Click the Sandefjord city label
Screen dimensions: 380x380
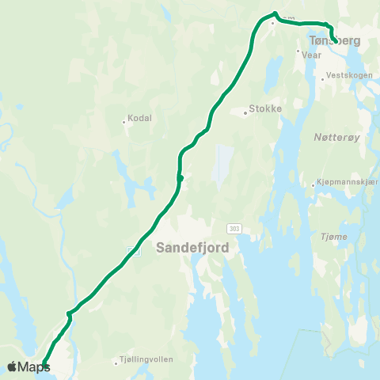pos(193,247)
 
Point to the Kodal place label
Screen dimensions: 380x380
pos(139,119)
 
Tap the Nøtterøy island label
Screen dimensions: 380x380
pos(337,137)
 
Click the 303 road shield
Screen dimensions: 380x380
pos(234,228)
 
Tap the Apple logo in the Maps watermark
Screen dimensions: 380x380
pos(12,367)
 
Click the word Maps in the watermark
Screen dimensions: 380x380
pos(34,367)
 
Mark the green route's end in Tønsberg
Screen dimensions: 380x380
pos(336,40)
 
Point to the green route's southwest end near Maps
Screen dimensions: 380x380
pos(44,364)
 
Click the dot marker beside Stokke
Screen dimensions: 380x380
pos(245,112)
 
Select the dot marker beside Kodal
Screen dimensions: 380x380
pos(124,121)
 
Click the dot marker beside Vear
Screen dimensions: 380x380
pos(298,52)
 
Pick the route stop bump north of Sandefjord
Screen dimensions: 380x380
pos(180,178)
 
